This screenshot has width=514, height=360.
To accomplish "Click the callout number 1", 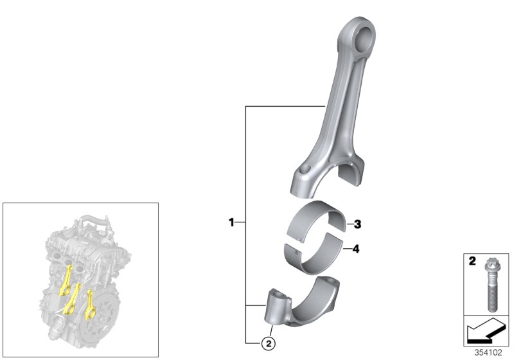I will pyautogui.click(x=231, y=222).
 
